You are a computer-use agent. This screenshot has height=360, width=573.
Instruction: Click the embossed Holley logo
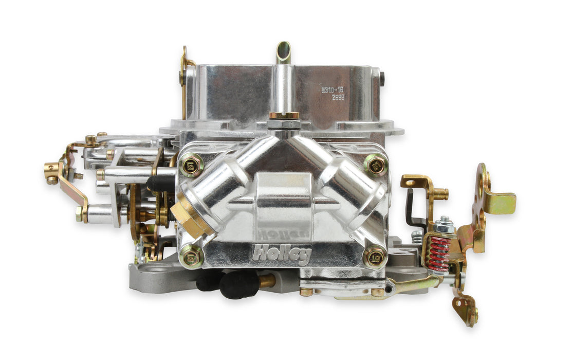(x=274, y=253)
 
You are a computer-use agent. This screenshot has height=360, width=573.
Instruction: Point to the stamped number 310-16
(x=332, y=89)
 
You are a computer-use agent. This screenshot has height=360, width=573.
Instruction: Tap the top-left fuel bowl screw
(x=192, y=165)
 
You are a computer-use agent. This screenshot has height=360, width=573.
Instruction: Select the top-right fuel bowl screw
(x=375, y=165)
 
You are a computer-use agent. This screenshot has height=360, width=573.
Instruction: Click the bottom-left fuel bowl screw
(x=191, y=256)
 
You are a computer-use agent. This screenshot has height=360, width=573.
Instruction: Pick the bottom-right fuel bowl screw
(x=375, y=256)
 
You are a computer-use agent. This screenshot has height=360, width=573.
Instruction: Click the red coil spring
(x=439, y=254)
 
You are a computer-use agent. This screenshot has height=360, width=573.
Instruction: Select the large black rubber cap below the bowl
(x=239, y=283)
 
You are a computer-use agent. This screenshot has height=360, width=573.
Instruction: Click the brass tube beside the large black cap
(x=266, y=281)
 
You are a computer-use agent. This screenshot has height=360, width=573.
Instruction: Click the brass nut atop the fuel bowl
(x=284, y=116)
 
